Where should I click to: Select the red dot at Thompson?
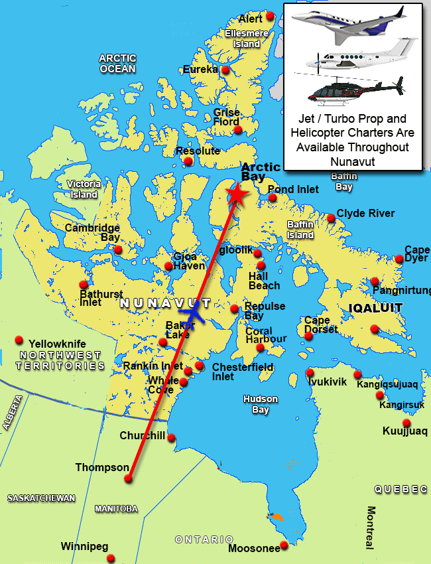tap(128, 478)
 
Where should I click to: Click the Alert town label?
tap(251, 19)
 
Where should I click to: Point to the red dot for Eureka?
tap(225, 70)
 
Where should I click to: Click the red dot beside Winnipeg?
tap(111, 558)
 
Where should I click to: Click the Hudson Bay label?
tap(260, 405)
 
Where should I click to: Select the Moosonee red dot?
tap(284, 545)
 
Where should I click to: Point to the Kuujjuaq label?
tap(405, 431)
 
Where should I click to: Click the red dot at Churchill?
tap(171, 437)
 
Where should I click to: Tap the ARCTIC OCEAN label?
tap(117, 64)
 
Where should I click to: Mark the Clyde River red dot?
tap(331, 218)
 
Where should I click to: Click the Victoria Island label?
tap(84, 189)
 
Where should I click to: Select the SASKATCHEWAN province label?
tap(41, 498)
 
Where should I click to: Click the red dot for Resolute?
tap(188, 161)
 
